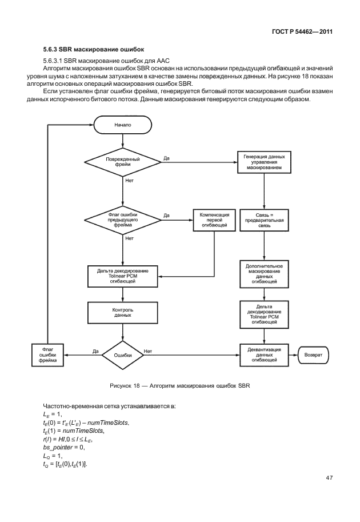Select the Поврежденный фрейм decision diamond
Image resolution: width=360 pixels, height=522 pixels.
click(x=123, y=161)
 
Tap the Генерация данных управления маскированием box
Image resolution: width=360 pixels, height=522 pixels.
click(x=264, y=162)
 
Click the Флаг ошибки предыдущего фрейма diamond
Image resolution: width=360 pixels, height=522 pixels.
click(x=123, y=219)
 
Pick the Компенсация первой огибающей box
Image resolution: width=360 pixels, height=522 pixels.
click(x=214, y=219)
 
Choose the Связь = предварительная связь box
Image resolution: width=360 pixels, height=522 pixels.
click(x=264, y=219)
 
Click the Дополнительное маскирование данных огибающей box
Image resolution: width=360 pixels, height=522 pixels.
click(x=264, y=274)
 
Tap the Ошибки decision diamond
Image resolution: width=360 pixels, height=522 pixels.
click(x=123, y=355)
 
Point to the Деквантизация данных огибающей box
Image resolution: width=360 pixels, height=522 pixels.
click(x=264, y=355)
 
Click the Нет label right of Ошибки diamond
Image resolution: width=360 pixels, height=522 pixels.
click(x=148, y=351)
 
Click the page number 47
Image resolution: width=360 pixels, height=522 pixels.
click(x=329, y=477)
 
